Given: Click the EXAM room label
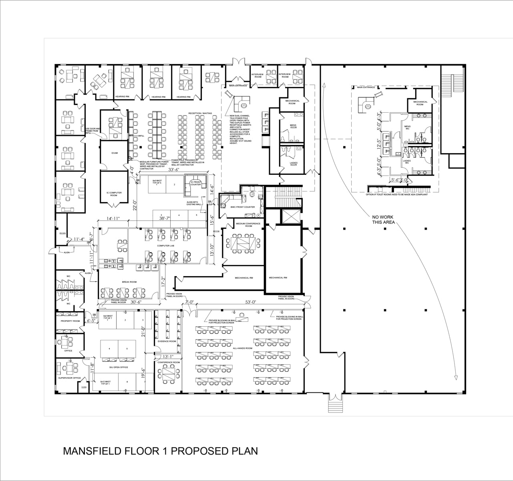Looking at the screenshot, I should pyautogui.click(x=115, y=153).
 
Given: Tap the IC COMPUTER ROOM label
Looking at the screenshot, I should pyautogui.click(x=114, y=194).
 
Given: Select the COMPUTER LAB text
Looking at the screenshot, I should pyautogui.click(x=154, y=246).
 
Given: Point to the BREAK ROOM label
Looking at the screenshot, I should pyautogui.click(x=129, y=282).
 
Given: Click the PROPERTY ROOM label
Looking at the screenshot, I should pyautogui.click(x=70, y=321).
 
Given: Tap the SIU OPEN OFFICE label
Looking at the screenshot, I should pyautogui.click(x=119, y=367).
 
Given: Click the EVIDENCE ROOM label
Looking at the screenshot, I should pyautogui.click(x=167, y=341).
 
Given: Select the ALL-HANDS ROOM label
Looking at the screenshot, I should pyautogui.click(x=242, y=348).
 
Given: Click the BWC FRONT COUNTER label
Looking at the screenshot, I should pyautogui.click(x=243, y=207).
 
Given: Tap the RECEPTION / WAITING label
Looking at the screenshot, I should pyautogui.click(x=200, y=113).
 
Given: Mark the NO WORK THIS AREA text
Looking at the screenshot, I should pyautogui.click(x=383, y=219).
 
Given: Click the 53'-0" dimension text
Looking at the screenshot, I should pyautogui.click(x=251, y=302).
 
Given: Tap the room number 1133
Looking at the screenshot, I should pyautogui.click(x=84, y=388).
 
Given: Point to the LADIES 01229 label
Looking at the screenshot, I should pyautogui.click(x=294, y=164).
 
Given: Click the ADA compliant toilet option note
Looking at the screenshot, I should pyautogui.click(x=396, y=195).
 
